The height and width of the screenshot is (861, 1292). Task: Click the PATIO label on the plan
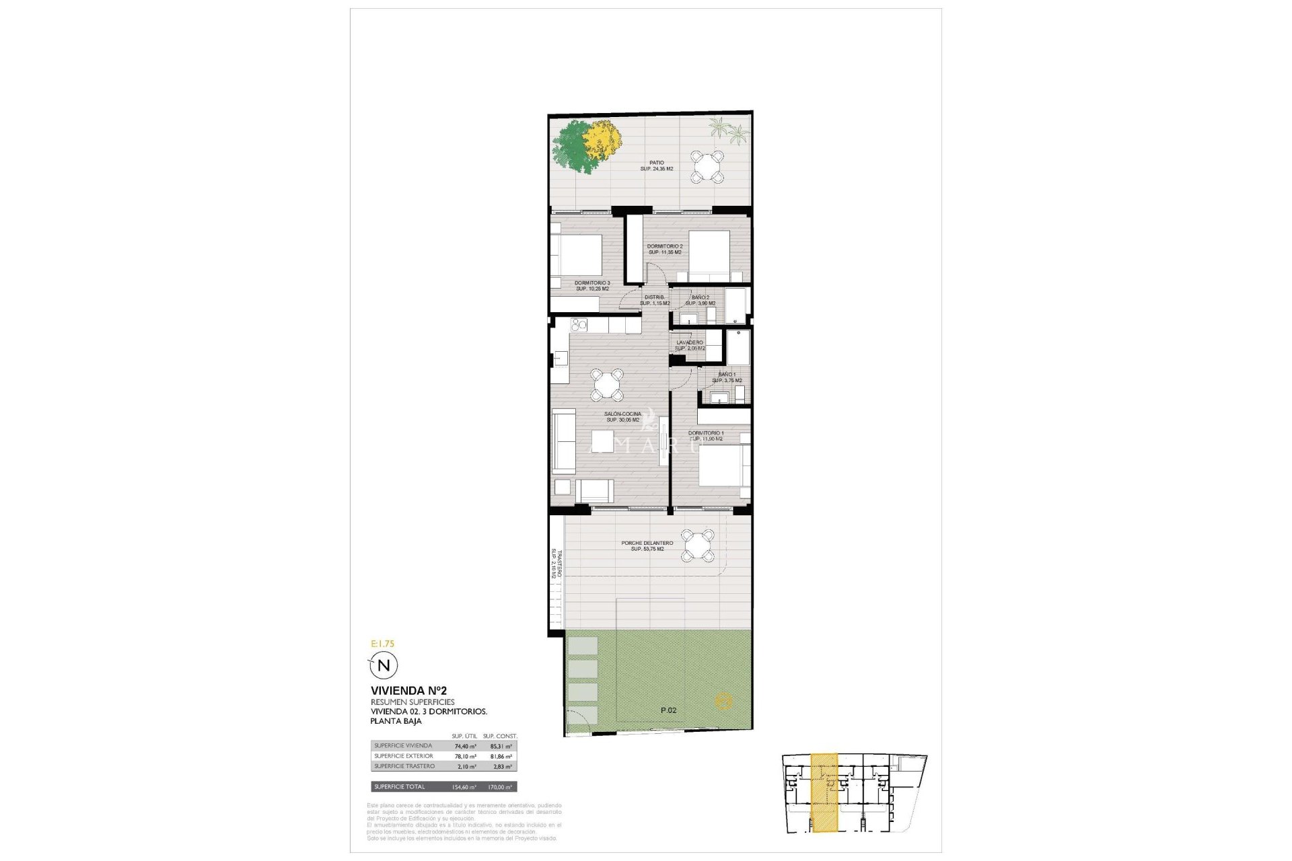[x=656, y=165]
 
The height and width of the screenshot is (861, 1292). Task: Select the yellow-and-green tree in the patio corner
[x=583, y=147]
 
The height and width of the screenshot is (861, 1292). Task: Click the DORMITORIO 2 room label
[x=664, y=249]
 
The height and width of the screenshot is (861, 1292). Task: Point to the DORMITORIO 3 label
[x=592, y=285]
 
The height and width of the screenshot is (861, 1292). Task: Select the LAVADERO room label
[x=690, y=345]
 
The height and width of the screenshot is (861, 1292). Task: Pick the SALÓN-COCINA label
[x=622, y=417]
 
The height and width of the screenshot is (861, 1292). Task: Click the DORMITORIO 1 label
[x=706, y=436]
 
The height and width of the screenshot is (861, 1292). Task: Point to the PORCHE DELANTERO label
[x=647, y=546]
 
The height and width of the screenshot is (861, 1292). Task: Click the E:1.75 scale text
[x=382, y=644]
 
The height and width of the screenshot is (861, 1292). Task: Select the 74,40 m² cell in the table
[x=465, y=746]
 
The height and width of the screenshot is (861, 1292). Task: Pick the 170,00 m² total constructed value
[x=499, y=787]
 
